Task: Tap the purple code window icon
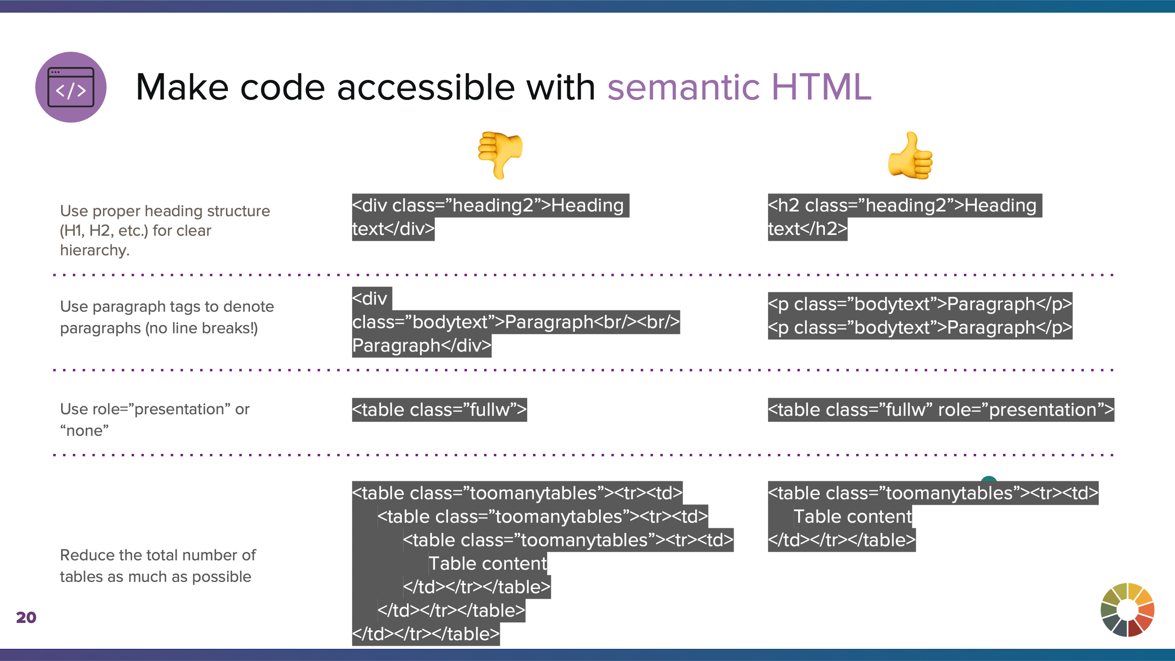tap(71, 87)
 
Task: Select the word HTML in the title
tap(821, 87)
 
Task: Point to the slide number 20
tap(26, 617)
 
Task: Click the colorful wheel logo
tap(1128, 610)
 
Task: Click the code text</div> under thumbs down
tap(393, 229)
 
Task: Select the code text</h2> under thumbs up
tap(807, 229)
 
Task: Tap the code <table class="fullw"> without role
tap(439, 410)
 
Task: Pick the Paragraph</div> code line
tap(422, 346)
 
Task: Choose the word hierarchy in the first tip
tap(94, 250)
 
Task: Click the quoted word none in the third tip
tap(85, 431)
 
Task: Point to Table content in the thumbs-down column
tap(487, 564)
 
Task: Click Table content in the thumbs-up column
tap(853, 517)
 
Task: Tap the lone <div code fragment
tap(371, 299)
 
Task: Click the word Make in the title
tap(181, 87)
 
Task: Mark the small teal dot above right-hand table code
tap(989, 479)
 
